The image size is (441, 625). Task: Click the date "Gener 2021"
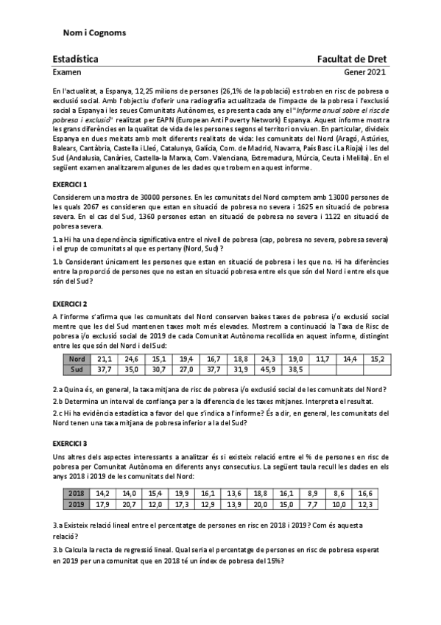pyautogui.click(x=364, y=73)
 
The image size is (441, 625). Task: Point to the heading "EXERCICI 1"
pyautogui.click(x=70, y=184)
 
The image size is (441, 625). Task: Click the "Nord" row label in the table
pyautogui.click(x=77, y=359)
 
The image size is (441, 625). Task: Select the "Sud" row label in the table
pyautogui.click(x=77, y=369)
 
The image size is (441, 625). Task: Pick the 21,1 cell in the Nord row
pyautogui.click(x=105, y=359)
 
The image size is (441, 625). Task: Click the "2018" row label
pyautogui.click(x=77, y=493)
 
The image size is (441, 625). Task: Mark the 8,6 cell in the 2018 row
pyautogui.click(x=339, y=493)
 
